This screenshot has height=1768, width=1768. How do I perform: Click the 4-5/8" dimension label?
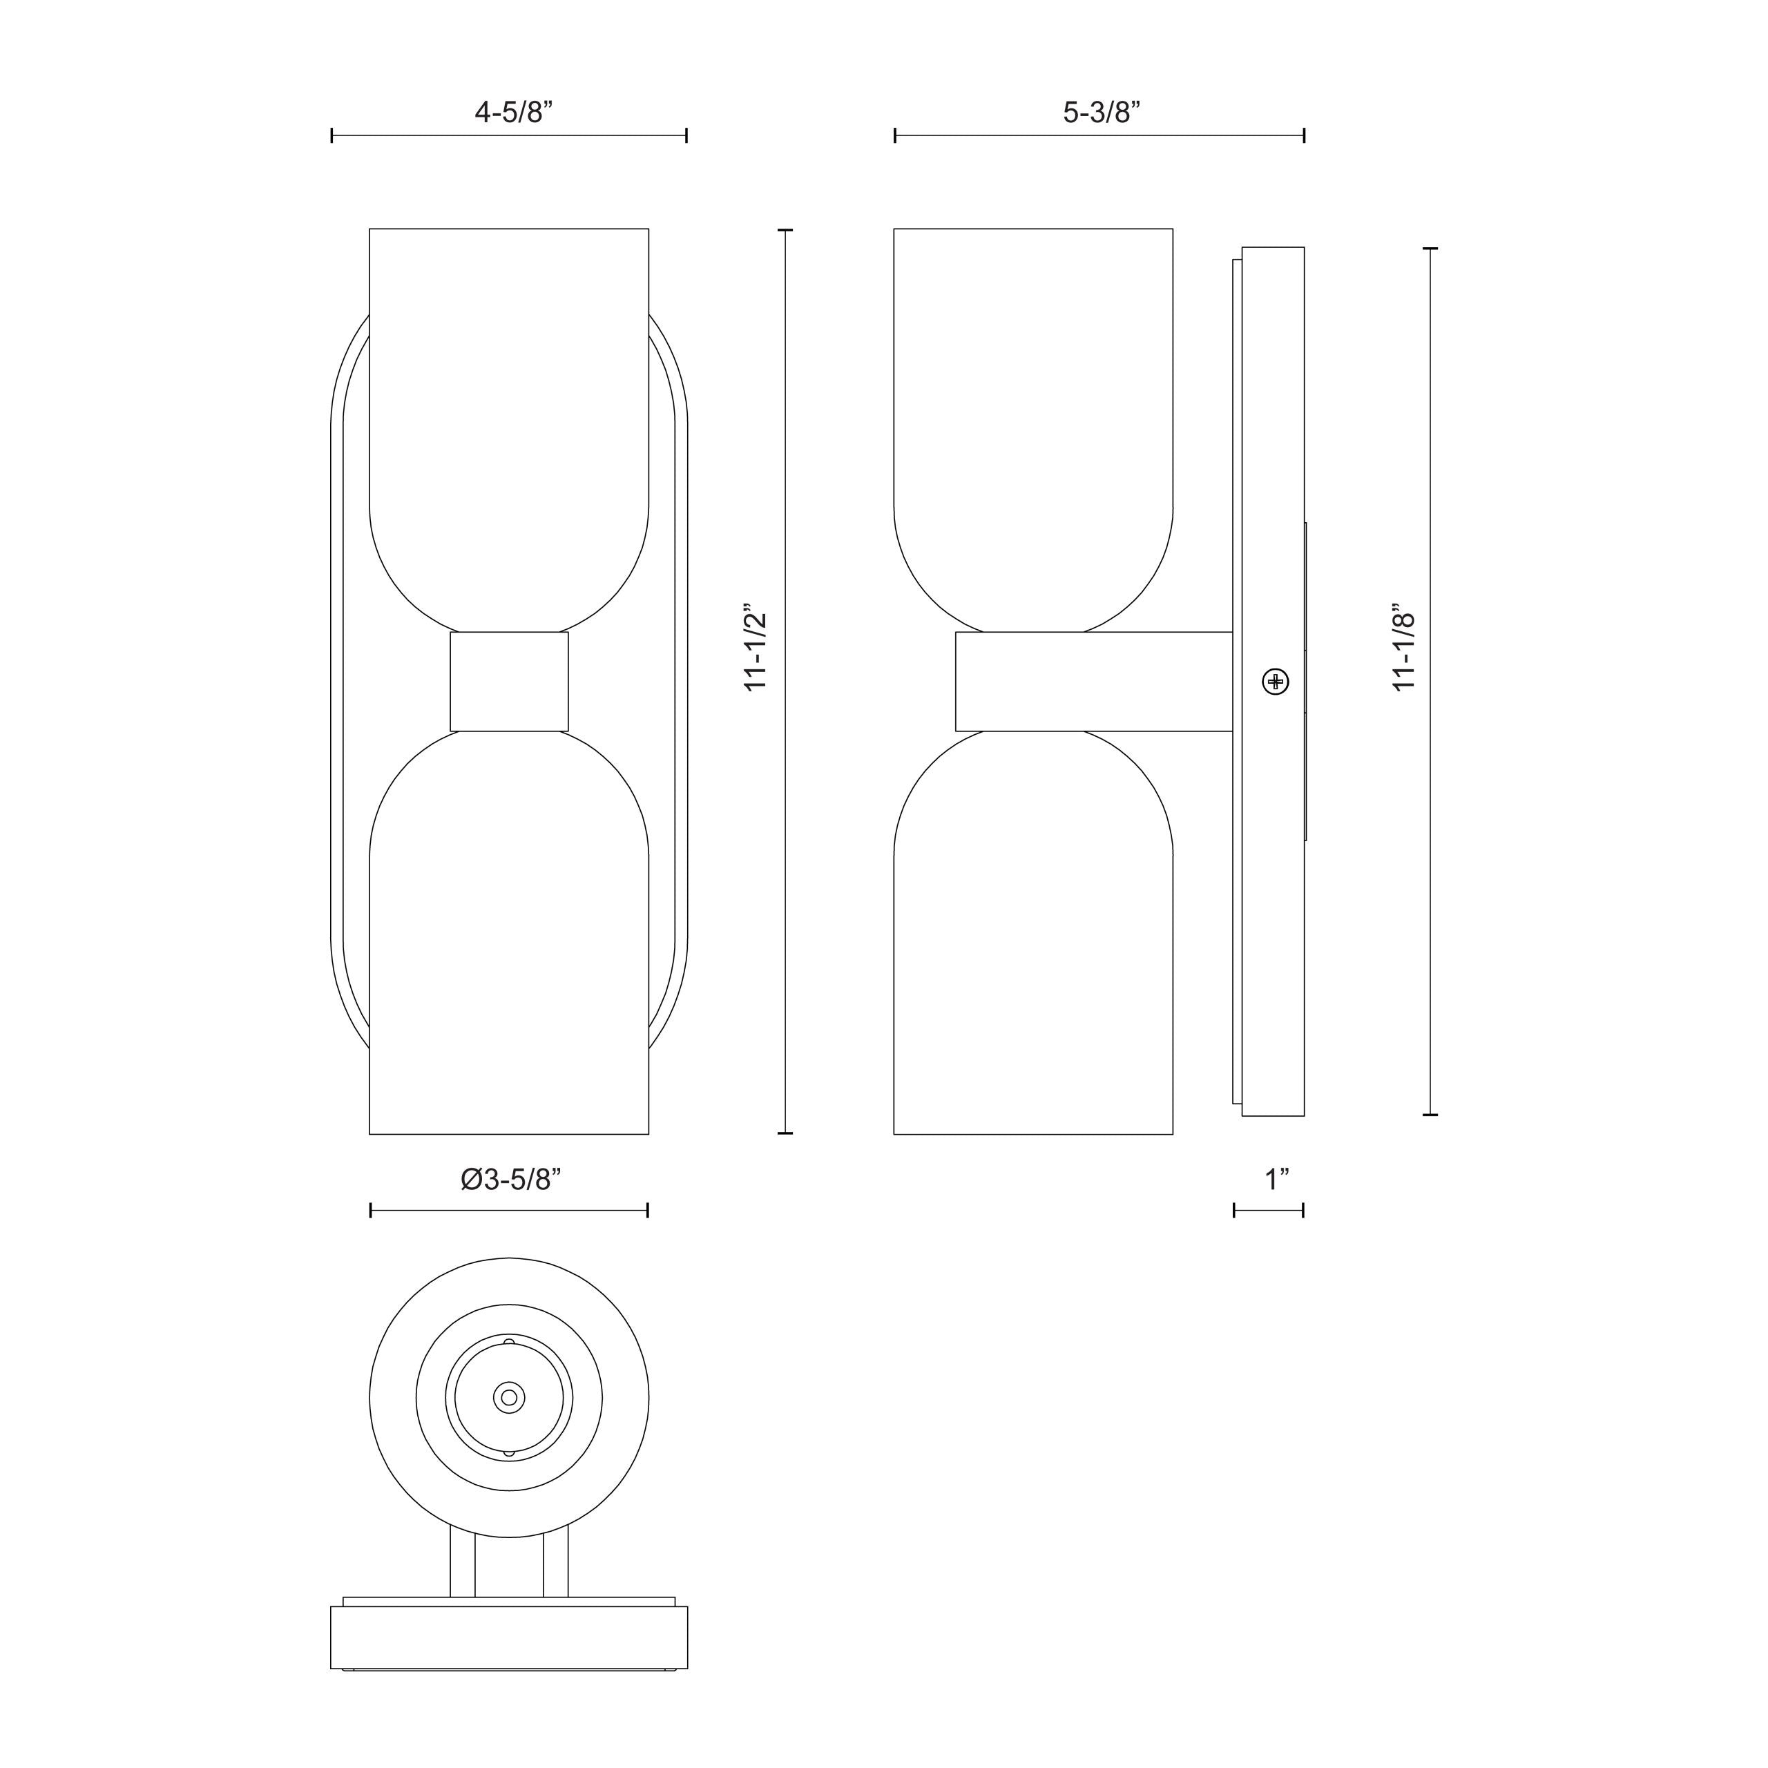[513, 113]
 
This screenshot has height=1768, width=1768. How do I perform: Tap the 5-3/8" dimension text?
[1101, 113]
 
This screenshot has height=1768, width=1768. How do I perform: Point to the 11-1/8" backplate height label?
[1405, 647]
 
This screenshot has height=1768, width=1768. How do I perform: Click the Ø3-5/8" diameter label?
[510, 1180]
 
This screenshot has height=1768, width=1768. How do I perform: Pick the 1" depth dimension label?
[1276, 1180]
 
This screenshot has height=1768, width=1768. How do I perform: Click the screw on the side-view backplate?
[1275, 682]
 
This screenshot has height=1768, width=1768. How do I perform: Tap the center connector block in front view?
[509, 682]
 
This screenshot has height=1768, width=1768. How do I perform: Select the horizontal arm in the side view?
[1093, 682]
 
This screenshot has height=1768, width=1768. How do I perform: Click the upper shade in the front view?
[509, 412]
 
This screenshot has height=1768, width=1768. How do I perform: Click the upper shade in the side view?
[1033, 412]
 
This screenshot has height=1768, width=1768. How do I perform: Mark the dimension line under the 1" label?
[1269, 1211]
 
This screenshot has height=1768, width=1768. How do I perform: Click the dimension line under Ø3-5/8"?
[509, 1211]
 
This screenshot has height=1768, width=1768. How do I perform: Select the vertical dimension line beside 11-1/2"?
[785, 682]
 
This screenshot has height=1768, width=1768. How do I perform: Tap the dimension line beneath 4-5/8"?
[509, 136]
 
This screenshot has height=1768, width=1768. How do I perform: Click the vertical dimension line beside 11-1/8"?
[1430, 682]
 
